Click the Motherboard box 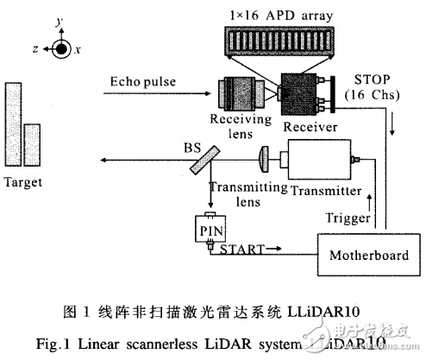(357, 256)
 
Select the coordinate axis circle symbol (60, 49)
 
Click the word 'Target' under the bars (27, 184)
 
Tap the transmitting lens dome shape (264, 159)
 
